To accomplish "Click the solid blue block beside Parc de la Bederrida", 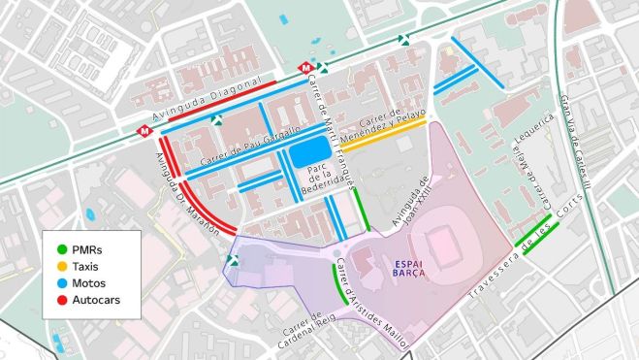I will click(x=309, y=152).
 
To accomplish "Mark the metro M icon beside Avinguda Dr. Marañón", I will click(x=145, y=127).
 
